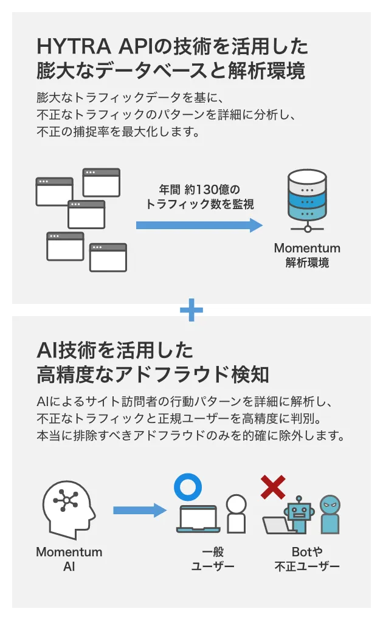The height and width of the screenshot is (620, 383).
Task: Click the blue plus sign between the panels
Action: click(191, 310)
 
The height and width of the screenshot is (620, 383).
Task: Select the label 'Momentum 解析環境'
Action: click(307, 256)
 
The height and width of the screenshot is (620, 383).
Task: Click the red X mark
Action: click(273, 487)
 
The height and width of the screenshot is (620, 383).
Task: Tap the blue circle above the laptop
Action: click(187, 487)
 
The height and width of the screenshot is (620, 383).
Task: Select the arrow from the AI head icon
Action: click(140, 510)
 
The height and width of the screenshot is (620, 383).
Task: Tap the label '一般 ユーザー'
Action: click(213, 559)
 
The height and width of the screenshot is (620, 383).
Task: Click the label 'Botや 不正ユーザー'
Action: click(307, 559)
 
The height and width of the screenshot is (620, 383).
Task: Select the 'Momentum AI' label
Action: click(69, 559)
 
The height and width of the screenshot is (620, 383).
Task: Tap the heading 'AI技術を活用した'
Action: click(116, 350)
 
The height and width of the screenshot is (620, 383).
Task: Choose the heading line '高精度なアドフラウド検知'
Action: click(153, 374)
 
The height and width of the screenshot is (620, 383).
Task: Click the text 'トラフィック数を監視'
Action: click(199, 205)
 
